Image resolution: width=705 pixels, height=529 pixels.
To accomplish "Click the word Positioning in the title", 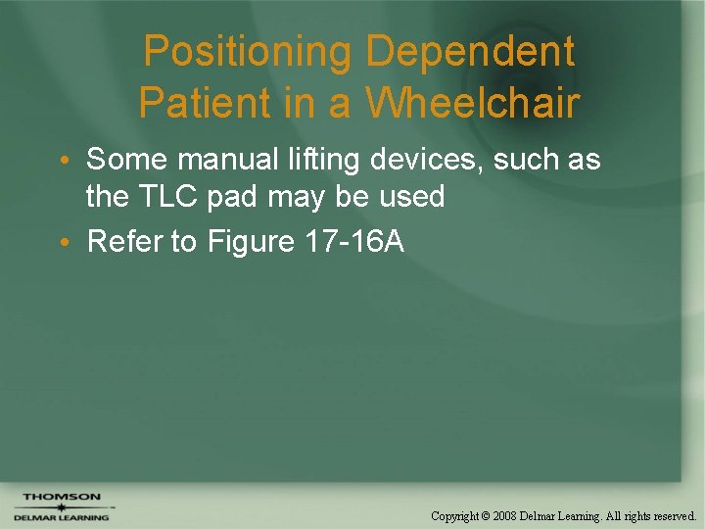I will [248, 53].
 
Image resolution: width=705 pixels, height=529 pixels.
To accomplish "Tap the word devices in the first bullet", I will [434, 160].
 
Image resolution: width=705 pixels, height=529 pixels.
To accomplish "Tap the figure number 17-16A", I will [353, 242].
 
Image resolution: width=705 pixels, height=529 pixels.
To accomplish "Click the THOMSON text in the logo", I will [61, 498].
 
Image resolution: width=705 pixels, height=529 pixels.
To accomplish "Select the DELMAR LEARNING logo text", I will [61, 517].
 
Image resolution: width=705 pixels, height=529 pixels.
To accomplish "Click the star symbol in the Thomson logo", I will [61, 507].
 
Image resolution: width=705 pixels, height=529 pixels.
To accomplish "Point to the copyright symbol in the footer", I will [487, 515].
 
